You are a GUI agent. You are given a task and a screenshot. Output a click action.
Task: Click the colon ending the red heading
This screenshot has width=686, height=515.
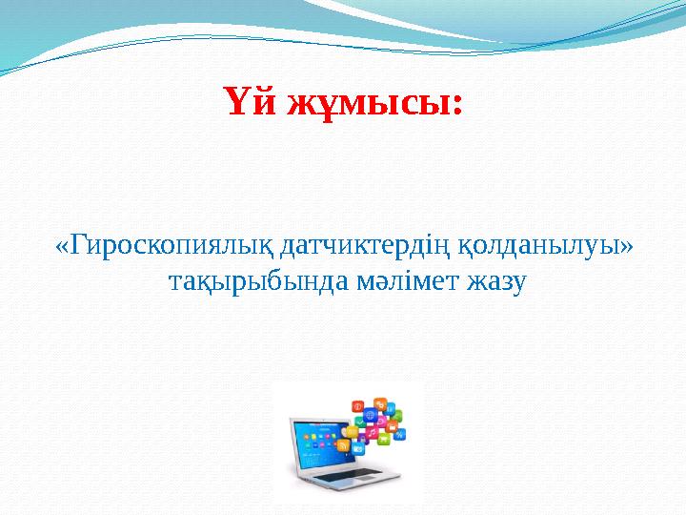coord(456,103)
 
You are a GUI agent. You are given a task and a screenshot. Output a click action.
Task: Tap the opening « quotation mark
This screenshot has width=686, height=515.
coord(62,248)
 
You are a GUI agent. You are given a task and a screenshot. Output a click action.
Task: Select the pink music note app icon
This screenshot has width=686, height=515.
coord(372,432)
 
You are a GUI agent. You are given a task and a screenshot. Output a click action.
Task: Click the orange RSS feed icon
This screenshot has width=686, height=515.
coord(343,445)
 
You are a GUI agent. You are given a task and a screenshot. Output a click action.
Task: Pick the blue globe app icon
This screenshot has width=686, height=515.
coord(371,415)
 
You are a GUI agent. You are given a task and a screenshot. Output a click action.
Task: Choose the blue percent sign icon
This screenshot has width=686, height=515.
coord(399,434)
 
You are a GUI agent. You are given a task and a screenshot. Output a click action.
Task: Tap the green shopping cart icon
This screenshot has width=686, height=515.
coord(383,438)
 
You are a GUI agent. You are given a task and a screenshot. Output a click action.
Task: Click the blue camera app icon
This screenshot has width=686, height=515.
coord(358,449)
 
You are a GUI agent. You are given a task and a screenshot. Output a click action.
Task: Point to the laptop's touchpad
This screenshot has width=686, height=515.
coord(365,478)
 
